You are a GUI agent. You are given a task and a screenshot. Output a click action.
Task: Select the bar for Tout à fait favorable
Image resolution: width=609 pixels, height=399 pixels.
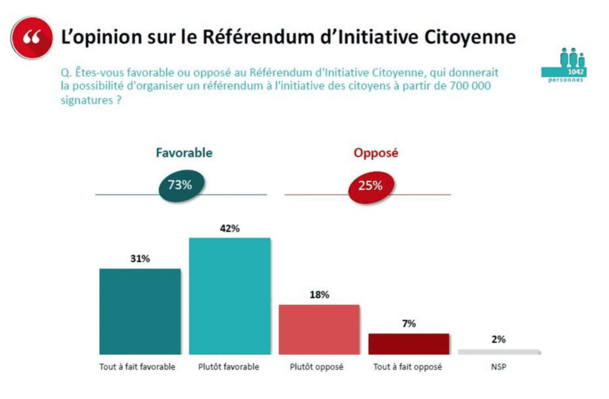[x=139, y=311]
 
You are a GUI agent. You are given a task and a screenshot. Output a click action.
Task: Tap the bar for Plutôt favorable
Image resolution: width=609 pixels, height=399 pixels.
[x=230, y=295]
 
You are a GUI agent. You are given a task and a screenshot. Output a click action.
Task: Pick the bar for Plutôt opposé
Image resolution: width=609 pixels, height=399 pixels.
[x=319, y=329]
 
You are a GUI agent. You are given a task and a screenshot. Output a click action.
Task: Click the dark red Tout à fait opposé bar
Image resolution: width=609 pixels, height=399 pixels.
[x=409, y=344]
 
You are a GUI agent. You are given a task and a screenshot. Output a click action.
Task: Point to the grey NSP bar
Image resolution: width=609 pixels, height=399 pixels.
[x=498, y=351]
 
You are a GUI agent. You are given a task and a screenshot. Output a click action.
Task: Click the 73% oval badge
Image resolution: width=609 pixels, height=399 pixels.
[x=180, y=185]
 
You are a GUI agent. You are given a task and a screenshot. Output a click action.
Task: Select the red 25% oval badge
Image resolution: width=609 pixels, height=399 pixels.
[x=370, y=186]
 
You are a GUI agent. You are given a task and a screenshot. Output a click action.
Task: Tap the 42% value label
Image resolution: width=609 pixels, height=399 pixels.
[x=229, y=229]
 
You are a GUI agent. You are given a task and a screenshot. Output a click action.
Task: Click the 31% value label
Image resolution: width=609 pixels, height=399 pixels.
[x=139, y=259]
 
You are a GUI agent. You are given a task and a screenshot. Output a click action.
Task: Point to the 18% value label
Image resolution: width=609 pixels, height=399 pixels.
[x=319, y=295]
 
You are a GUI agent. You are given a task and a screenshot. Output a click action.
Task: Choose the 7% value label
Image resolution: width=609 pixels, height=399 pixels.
[x=409, y=324]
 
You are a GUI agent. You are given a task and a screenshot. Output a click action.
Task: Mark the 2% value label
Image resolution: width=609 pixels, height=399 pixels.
[x=498, y=339]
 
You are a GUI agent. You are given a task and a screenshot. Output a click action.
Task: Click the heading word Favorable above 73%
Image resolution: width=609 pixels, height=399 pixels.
[x=184, y=152]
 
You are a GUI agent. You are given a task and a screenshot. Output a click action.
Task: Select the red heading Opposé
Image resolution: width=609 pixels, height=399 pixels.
[x=376, y=153]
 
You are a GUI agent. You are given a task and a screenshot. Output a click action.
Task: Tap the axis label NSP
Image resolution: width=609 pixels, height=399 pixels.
[x=498, y=367]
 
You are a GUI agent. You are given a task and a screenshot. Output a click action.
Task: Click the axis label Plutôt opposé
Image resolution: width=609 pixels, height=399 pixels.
[x=319, y=367]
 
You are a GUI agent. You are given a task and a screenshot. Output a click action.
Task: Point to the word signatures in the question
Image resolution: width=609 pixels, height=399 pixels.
[x=86, y=100]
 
